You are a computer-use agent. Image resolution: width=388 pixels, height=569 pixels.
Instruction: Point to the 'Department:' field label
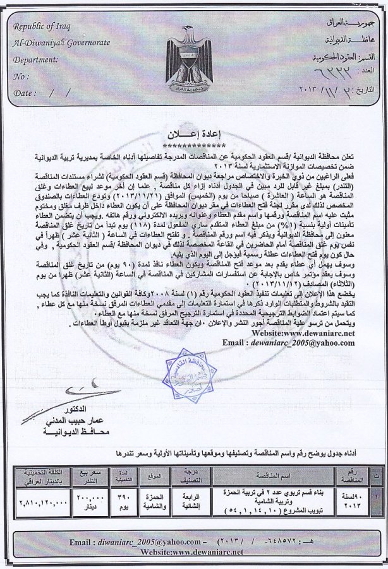click(37, 60)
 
